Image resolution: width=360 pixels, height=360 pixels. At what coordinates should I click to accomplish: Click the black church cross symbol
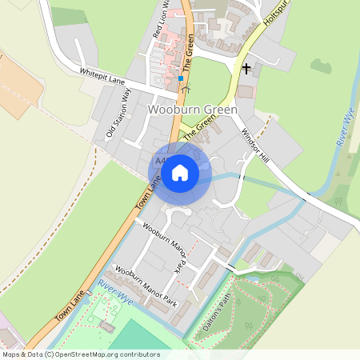pos(246,69)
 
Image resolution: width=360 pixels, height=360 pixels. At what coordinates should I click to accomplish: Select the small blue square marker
pos(182,79)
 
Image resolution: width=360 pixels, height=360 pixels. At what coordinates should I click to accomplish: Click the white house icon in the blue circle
pos(180,172)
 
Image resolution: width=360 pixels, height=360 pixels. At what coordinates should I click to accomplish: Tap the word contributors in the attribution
pos(138,354)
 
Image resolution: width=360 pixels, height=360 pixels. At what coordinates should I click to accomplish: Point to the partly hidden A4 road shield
pos(159,162)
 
